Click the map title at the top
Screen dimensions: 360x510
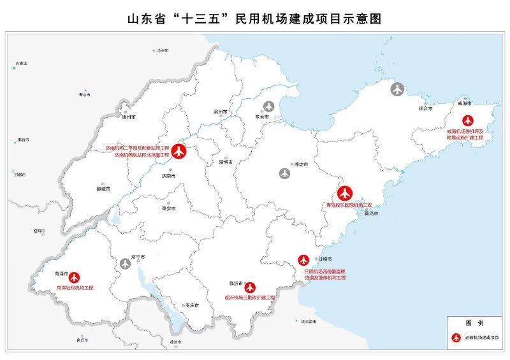[255, 18]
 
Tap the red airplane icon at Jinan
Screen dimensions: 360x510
[179, 152]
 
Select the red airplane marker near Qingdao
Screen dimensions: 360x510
[345, 192]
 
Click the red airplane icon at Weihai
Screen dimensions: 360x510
[468, 120]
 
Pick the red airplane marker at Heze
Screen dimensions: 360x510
[75, 277]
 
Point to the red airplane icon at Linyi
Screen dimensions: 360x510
[250, 287]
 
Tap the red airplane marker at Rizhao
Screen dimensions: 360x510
[304, 260]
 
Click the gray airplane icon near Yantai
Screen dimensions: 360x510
[398, 89]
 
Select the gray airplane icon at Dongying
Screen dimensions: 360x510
[269, 106]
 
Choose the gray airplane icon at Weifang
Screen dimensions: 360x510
[284, 173]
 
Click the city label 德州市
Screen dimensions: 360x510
[129, 118]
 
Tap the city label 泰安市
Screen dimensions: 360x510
[168, 208]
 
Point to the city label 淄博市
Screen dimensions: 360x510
[226, 162]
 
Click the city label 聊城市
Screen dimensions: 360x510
[102, 189]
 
